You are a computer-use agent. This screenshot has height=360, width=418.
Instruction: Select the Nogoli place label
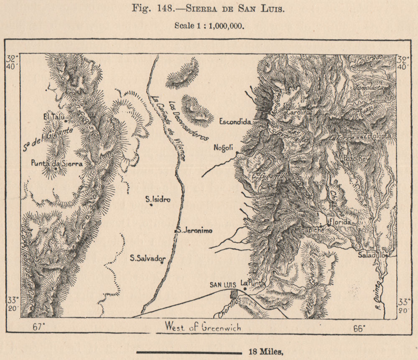click(224, 147)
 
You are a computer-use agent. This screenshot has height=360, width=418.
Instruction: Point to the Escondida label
click(235, 122)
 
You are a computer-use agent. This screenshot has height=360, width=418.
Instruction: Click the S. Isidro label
click(158, 199)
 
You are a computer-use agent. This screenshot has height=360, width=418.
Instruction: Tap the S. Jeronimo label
click(194, 230)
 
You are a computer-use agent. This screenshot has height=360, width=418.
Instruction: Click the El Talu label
click(53, 117)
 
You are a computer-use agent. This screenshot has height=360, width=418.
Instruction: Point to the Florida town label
click(340, 222)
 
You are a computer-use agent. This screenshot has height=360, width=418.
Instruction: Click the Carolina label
click(299, 112)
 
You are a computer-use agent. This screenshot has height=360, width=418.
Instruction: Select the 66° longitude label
click(359, 328)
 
